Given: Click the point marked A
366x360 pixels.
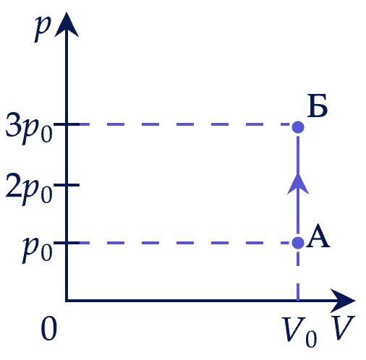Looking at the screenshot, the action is pos(298,242).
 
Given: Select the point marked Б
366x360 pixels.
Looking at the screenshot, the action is pos(298,127).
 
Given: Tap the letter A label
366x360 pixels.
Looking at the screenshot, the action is pos(318,236).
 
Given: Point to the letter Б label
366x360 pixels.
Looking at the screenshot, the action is pos(318,106).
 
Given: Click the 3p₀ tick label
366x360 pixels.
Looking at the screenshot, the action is pos(29,128).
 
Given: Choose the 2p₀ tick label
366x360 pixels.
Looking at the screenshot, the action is pos(29,189).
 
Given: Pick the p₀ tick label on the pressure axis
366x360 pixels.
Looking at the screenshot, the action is pos(38,249).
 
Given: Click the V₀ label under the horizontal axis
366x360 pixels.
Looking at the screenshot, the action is pos(299,332).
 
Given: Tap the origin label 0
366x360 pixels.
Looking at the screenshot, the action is pos(49,328).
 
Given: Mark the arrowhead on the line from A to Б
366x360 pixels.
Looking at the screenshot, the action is pos(298,184).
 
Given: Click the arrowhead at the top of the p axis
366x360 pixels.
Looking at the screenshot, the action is pos(67,25).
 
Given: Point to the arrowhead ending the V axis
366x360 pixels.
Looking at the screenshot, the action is pos(343,301).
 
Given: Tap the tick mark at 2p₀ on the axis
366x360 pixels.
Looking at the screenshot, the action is pos(67,185).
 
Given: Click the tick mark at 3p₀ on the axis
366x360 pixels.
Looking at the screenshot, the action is pos(67,124).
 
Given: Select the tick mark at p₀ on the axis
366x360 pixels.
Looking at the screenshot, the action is pos(67,243).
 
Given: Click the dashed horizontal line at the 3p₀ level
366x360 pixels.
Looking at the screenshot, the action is pos(184,124).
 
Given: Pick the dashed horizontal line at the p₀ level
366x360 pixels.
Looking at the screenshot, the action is pos(184,243).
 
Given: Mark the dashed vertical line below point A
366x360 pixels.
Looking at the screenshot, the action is pos(298,275).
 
